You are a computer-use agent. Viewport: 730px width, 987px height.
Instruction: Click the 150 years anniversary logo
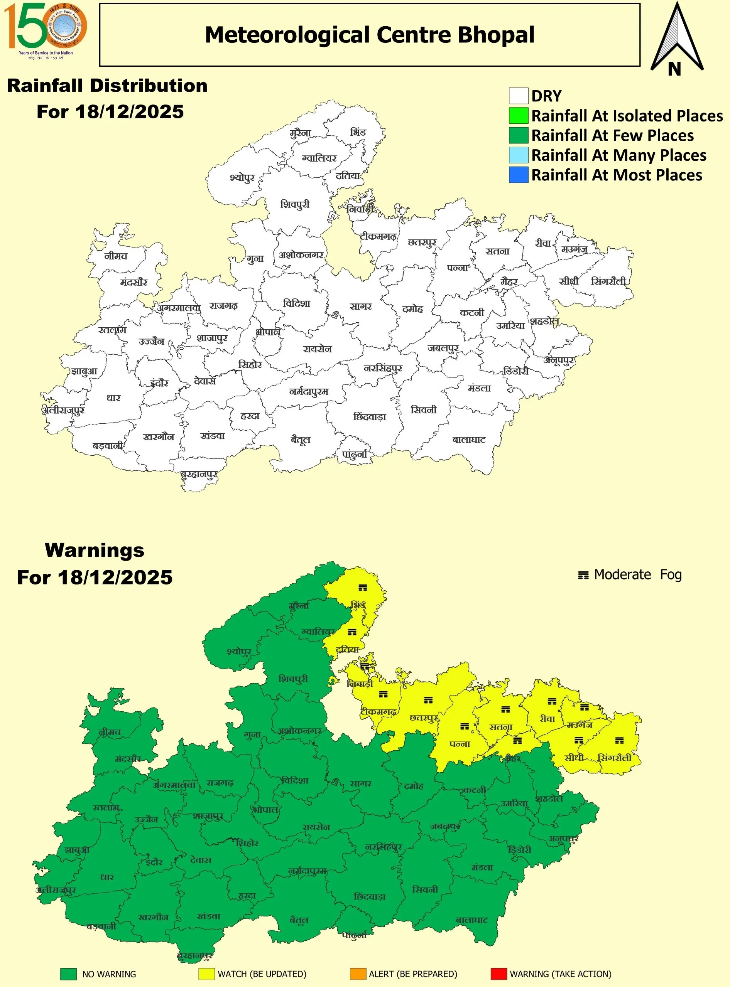click(x=45, y=30)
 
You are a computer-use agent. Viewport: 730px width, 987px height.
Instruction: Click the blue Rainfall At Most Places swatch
click(x=518, y=175)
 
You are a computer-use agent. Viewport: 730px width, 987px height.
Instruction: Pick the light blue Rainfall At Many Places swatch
click(x=518, y=155)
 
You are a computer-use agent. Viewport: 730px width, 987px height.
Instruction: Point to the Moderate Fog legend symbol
click(x=583, y=575)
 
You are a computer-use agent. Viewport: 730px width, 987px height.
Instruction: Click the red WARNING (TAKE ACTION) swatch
click(x=498, y=974)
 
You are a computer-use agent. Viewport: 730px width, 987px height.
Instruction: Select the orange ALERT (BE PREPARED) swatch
click(x=358, y=974)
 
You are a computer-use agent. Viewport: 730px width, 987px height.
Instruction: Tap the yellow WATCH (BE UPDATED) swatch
click(x=206, y=974)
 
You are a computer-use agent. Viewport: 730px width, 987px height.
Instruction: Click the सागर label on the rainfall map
click(x=361, y=307)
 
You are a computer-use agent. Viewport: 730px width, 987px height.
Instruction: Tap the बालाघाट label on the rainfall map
click(x=469, y=440)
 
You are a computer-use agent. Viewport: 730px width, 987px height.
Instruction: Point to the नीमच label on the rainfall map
click(x=116, y=256)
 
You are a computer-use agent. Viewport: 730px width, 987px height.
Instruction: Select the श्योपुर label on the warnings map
click(x=239, y=651)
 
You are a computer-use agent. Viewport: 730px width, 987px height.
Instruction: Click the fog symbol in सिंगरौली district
click(x=620, y=741)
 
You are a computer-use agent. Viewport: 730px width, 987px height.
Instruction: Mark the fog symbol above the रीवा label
click(x=552, y=701)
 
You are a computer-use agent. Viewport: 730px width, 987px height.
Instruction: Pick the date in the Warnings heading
click(x=115, y=577)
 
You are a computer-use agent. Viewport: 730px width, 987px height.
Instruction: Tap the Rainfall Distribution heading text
click(x=107, y=86)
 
